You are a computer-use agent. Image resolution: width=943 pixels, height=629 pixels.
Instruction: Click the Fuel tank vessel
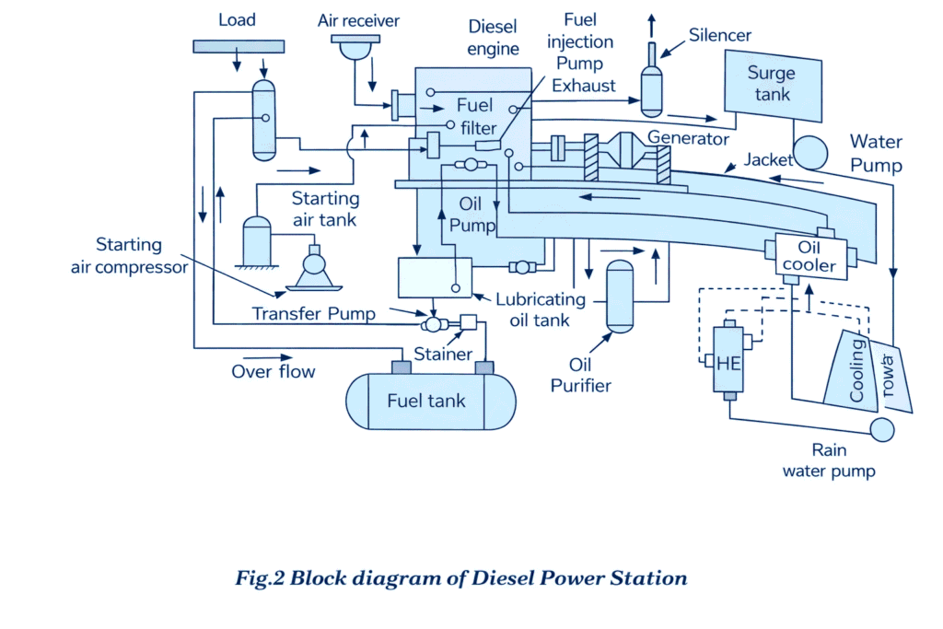[430, 401]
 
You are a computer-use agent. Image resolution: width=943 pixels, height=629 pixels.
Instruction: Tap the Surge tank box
[770, 85]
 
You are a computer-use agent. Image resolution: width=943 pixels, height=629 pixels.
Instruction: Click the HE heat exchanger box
[728, 361]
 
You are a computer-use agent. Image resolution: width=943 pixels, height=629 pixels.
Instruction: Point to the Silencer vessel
[651, 89]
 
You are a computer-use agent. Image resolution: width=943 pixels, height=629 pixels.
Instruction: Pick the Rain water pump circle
[881, 429]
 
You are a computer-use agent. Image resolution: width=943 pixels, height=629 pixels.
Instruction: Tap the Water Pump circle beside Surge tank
[811, 151]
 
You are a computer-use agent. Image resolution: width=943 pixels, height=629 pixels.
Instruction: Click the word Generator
[688, 138]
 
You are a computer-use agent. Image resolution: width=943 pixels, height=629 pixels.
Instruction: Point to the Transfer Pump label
[314, 314]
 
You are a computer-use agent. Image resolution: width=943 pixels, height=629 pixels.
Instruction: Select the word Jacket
[769, 159]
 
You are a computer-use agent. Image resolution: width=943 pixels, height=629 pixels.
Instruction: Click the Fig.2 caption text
[460, 578]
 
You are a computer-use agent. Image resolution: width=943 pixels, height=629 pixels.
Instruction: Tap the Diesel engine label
[494, 37]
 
